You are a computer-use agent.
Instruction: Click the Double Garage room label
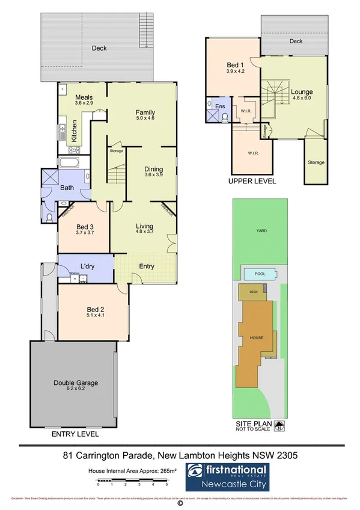[x=75, y=382]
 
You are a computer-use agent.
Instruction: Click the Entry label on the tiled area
[x=146, y=266]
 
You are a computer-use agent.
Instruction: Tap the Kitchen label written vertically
[x=75, y=131]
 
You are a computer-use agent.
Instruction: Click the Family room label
[x=145, y=112]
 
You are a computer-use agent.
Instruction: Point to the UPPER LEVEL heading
[x=252, y=180]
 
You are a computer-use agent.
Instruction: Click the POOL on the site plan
[x=260, y=274]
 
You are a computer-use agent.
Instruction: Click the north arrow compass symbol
[x=279, y=428]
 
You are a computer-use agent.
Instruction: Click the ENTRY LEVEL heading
[x=75, y=434]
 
